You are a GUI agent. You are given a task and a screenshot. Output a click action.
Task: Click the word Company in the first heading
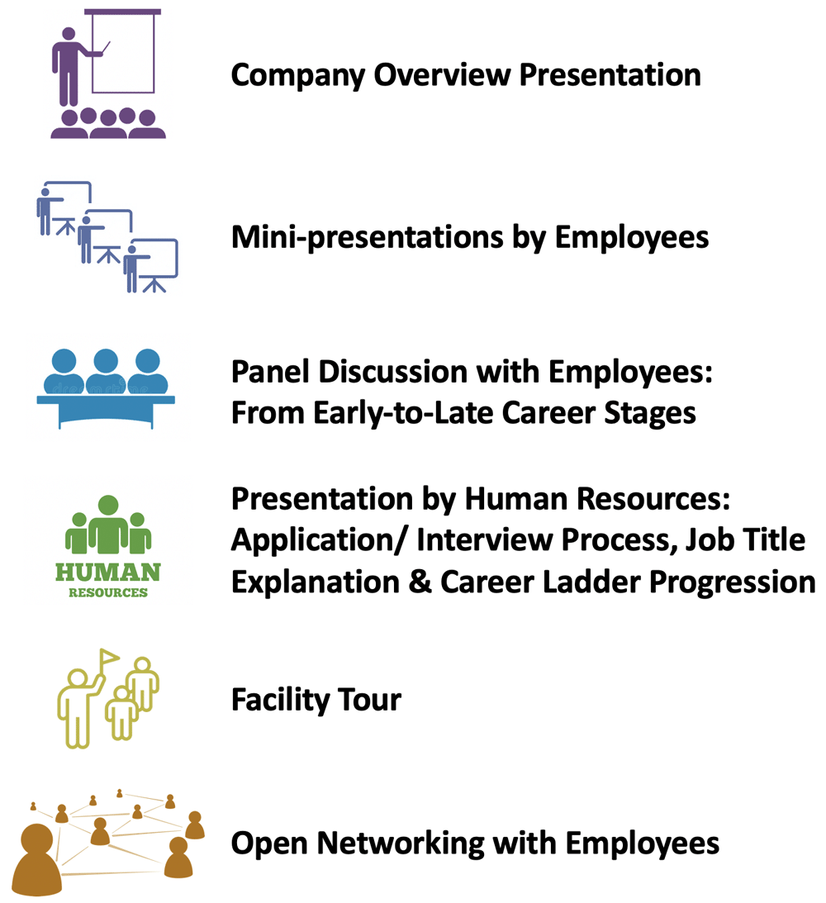coord(297,75)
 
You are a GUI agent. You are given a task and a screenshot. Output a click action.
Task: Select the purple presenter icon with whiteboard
coord(108,74)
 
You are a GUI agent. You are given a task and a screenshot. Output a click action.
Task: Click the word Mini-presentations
coord(367,238)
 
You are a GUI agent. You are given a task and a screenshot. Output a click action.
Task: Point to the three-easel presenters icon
coord(107,236)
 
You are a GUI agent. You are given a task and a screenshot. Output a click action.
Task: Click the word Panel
coord(271,372)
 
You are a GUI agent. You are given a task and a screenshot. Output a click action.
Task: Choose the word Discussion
coord(393,372)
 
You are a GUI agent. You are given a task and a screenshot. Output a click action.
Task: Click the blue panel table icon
coord(106,388)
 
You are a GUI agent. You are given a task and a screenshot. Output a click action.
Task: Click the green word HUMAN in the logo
coord(108,573)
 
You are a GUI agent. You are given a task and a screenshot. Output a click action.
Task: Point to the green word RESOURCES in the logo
coord(108,592)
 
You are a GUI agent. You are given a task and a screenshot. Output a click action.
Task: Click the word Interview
coord(484,540)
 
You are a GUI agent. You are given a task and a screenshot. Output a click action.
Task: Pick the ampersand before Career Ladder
coord(420,582)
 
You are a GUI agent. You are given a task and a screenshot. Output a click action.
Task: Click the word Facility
coord(280,701)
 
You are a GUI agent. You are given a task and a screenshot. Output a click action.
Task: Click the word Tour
coord(369,700)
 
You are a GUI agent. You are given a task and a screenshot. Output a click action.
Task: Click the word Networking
coord(401,844)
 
